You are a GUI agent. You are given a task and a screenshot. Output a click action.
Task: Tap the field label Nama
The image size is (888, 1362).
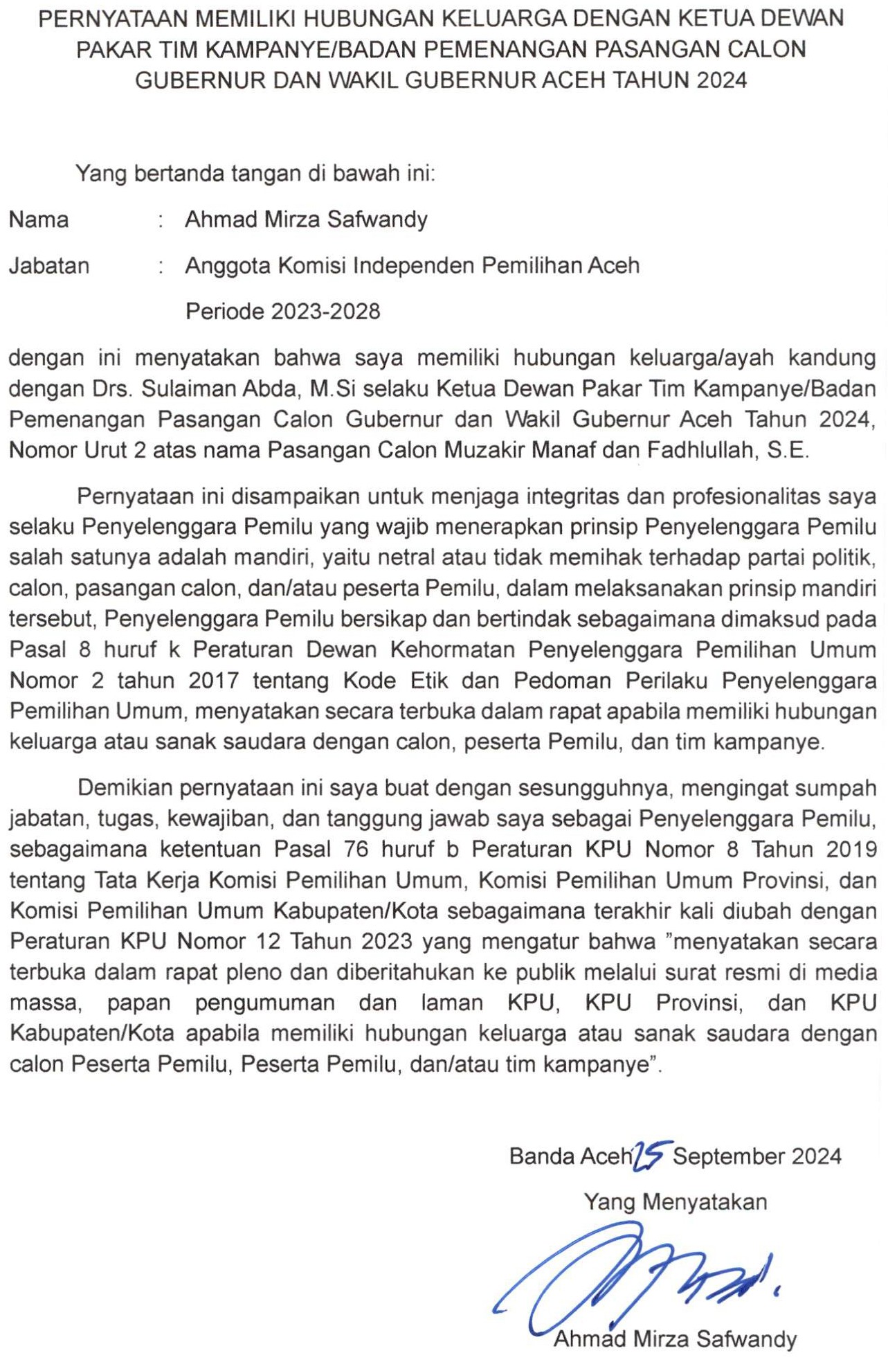coord(39,220)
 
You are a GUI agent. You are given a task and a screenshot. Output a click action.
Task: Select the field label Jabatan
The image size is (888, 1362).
coord(49,266)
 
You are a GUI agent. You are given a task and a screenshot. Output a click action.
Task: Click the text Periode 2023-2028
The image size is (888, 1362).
coord(282,312)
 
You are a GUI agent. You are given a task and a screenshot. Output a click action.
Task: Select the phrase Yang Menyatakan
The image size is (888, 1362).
coord(675,1201)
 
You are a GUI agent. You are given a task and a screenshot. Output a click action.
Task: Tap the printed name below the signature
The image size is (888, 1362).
coord(675,1338)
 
